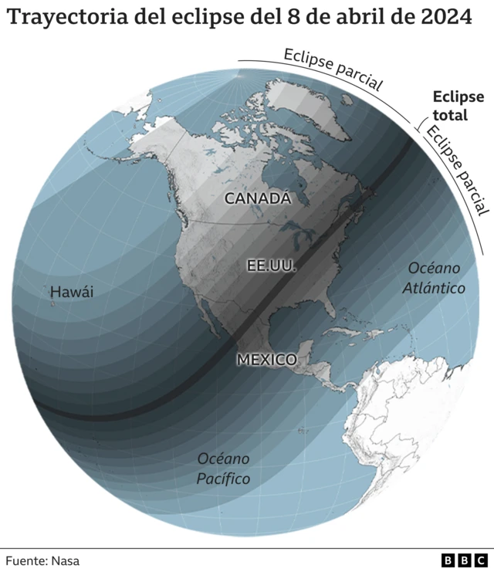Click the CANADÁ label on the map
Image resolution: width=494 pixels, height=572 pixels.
(x=258, y=198)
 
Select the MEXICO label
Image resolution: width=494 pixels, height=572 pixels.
(x=266, y=360)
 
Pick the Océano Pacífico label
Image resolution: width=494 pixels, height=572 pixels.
(x=223, y=468)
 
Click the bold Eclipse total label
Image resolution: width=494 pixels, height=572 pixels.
(x=458, y=106)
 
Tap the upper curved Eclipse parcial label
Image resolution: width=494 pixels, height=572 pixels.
(x=333, y=69)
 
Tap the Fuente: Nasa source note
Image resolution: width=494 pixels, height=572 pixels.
(x=42, y=561)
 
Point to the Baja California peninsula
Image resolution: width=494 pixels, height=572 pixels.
(x=207, y=316)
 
